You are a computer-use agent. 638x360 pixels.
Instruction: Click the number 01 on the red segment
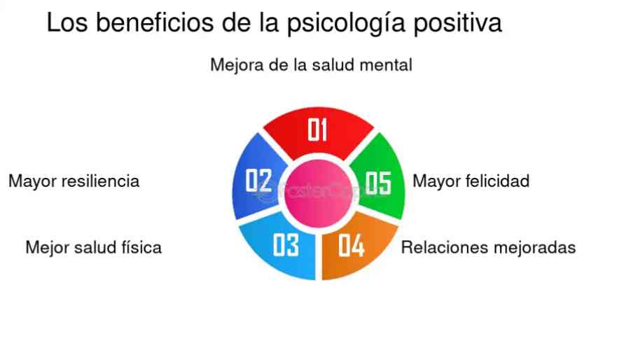point(317,130)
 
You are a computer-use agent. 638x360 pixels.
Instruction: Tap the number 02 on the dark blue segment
point(258,180)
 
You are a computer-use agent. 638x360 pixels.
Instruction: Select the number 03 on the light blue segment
point(286,245)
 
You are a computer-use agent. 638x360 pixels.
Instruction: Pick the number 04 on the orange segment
point(351,245)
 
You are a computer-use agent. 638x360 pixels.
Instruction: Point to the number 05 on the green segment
point(378,183)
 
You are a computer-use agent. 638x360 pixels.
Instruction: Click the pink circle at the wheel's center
point(318,193)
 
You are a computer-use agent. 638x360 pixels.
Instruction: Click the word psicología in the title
point(346,23)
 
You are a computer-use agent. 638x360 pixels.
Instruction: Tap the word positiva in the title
point(458,23)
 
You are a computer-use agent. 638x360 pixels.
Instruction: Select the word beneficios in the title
point(155,22)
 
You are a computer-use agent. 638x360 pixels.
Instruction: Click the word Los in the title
point(67,22)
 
